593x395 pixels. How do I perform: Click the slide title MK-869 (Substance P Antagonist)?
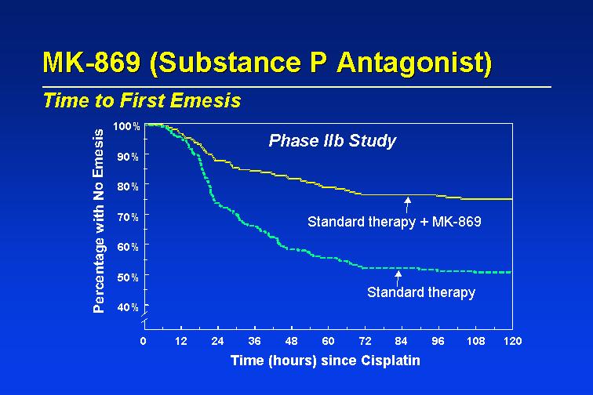pos(267,62)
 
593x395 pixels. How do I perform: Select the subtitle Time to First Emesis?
pos(142,100)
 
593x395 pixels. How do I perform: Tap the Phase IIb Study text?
pos(332,141)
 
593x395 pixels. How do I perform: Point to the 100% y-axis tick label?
pos(126,126)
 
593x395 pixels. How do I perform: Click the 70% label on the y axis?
pos(128,217)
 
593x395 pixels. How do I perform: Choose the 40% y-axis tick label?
pos(128,307)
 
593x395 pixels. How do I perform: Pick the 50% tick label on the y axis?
pos(128,277)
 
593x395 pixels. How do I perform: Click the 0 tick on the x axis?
pos(143,341)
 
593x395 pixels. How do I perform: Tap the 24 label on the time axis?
pos(217,341)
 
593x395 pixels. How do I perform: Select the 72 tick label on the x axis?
pos(365,341)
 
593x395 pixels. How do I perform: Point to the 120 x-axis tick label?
pos(512,341)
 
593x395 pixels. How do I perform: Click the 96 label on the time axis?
pos(438,341)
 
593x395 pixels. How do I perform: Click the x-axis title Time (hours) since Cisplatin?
pos(326,361)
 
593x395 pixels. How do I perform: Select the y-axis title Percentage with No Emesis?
pos(98,221)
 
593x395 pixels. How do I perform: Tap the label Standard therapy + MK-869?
pos(394,222)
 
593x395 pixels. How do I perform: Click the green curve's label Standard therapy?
pos(421,292)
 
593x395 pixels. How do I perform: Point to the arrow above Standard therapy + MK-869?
pos(407,205)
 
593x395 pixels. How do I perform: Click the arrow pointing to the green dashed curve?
pos(398,278)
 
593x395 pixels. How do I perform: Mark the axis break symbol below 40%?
pos(144,318)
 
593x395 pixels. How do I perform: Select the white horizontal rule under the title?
pos(296,87)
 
